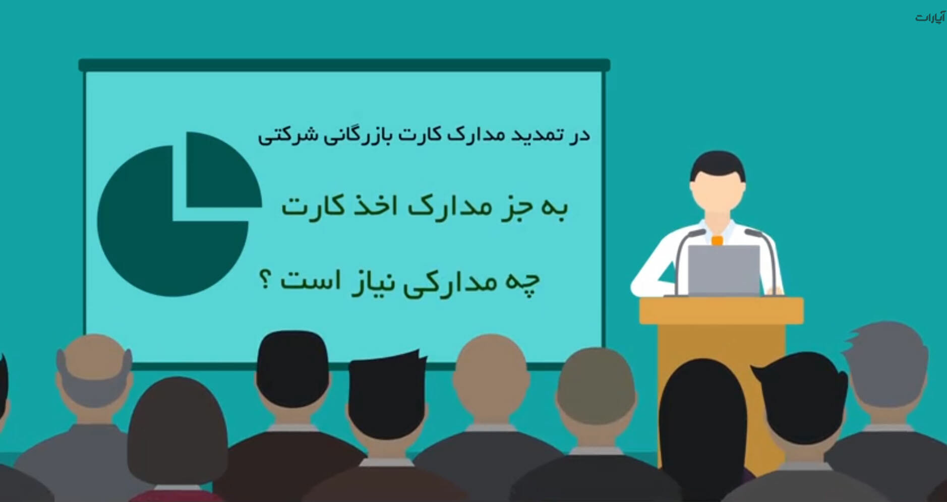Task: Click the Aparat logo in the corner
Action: pos(930,17)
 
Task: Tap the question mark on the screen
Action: pos(265,280)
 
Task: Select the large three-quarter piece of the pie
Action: pos(166,227)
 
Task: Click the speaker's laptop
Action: pos(724,270)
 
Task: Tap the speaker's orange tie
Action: pos(717,240)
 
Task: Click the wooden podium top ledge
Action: pos(721,310)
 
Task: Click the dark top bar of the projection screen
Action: pos(344,65)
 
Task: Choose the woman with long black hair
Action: pos(703,428)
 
